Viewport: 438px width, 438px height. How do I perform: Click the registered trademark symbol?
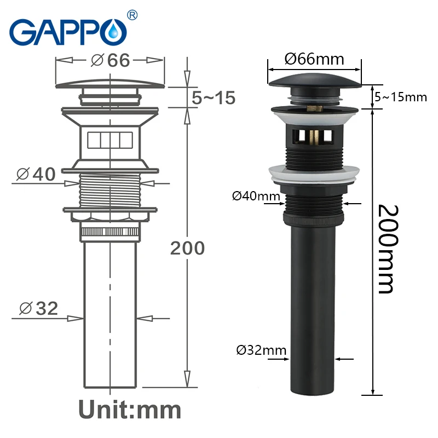pos(132,14)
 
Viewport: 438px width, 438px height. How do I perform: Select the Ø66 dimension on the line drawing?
pos(111,60)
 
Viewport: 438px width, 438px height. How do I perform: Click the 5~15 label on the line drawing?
pos(214,98)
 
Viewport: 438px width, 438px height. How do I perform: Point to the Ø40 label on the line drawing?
pos(37,175)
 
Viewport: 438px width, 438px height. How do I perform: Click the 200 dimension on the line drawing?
pos(187,248)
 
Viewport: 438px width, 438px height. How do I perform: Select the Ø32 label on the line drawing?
pos(38,308)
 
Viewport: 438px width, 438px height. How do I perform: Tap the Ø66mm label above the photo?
pos(314,59)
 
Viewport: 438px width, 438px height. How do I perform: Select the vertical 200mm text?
pos(386,249)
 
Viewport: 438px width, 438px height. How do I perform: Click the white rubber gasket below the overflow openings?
pos(314,173)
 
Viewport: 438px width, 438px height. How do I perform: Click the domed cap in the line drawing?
pos(111,82)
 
